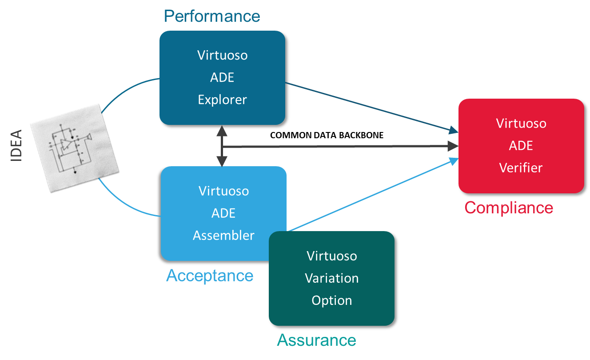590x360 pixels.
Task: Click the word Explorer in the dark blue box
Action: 222,100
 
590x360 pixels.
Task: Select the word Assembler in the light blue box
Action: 223,235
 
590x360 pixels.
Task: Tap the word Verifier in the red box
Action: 521,168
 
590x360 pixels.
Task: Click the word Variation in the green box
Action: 331,278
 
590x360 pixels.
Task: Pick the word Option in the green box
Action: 331,300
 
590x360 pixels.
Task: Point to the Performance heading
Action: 212,16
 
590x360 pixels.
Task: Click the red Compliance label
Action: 509,208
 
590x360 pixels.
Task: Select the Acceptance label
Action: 210,276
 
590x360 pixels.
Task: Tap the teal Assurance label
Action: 316,340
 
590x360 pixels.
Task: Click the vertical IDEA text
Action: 16,145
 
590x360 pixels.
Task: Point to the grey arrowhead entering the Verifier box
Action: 453,146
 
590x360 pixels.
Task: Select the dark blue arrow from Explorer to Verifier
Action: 369,107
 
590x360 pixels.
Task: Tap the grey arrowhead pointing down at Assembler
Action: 221,161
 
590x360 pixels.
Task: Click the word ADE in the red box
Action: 521,146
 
